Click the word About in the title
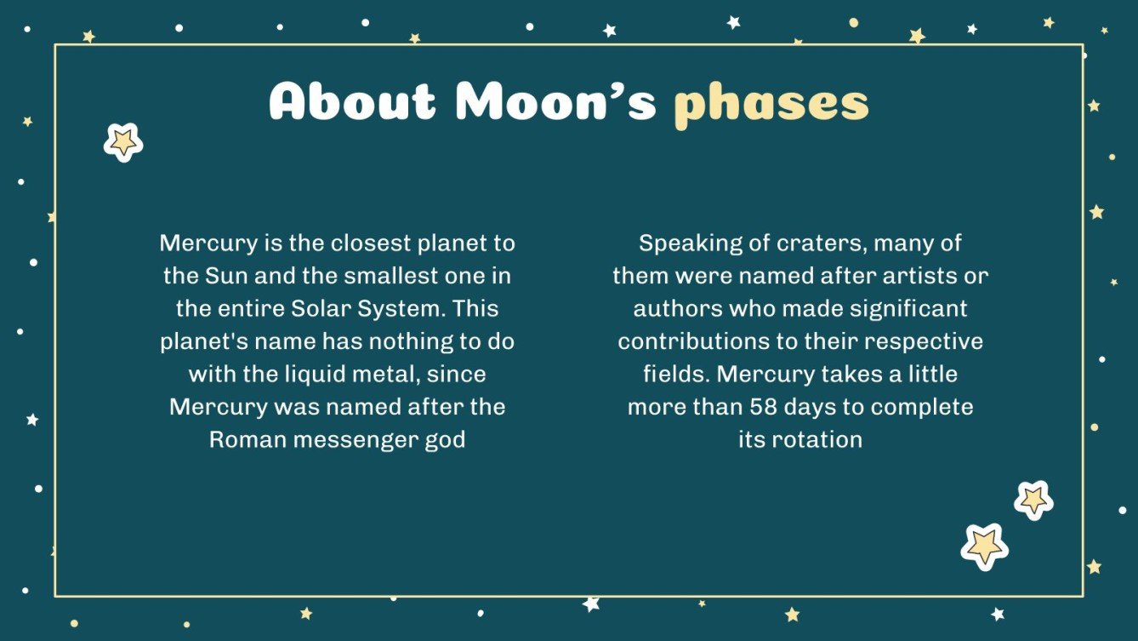tap(352, 102)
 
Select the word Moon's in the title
tap(555, 102)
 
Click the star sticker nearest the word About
tap(123, 142)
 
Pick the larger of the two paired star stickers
tap(984, 546)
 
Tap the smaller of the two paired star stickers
tap(1033, 500)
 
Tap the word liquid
tap(327, 375)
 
